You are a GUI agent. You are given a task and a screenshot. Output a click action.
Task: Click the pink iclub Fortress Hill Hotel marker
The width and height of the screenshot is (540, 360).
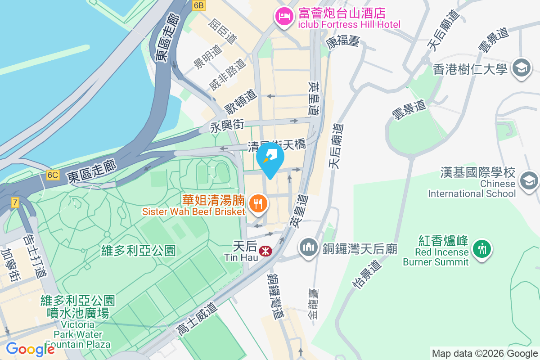tap(284, 18)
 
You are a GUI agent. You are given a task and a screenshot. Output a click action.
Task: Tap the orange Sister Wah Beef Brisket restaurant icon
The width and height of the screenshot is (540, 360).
tap(258, 204)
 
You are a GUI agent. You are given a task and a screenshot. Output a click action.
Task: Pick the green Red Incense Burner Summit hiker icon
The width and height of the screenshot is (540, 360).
tap(482, 248)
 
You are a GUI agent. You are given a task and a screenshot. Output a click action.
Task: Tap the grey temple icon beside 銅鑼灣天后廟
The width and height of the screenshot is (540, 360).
tap(309, 248)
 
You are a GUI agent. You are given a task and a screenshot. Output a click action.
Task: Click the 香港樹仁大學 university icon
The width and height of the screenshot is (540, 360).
tap(522, 68)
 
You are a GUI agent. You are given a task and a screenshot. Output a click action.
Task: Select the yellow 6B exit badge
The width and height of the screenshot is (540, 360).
tap(198, 5)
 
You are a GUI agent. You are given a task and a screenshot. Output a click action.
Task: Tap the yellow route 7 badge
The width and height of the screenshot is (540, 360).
tap(15, 202)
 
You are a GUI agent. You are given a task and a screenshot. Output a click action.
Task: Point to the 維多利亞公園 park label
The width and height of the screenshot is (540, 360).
tap(138, 250)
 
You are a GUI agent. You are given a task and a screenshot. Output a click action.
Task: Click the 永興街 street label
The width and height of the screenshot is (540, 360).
tap(227, 126)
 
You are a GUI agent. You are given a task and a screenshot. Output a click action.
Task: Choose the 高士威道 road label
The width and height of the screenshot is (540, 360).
tap(197, 319)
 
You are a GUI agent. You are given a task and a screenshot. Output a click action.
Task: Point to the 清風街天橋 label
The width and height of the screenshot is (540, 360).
tap(277, 145)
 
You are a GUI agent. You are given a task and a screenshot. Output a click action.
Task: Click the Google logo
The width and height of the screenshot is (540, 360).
tap(30, 349)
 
